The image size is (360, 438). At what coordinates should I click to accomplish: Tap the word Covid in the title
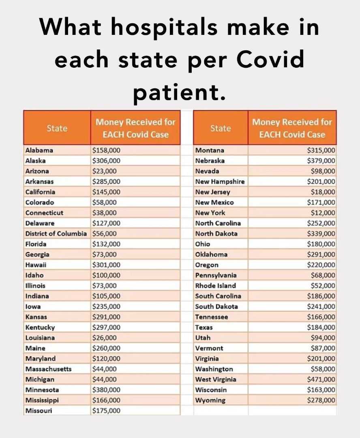pos(270,59)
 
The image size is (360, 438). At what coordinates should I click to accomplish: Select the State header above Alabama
pos(57,128)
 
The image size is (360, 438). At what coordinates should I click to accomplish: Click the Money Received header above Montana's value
pos(292,128)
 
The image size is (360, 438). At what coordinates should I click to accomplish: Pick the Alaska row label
pos(36,161)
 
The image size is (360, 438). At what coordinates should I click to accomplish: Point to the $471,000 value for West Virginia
pos(321,380)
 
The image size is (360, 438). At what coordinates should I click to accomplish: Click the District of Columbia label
pos(56,234)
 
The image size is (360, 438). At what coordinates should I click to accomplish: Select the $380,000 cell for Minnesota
pos(106,390)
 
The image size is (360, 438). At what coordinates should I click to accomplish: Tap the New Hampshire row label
pos(220,181)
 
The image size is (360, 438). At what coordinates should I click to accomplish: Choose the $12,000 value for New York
pos(323,213)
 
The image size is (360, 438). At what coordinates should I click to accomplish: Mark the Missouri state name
pos(39,411)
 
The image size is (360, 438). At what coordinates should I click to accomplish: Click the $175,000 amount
pos(106,411)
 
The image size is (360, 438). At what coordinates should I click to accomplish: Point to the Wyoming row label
pos(210,400)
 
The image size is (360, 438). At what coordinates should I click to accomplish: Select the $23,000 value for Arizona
pos(105,171)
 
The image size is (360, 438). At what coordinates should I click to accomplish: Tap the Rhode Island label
pos(215,286)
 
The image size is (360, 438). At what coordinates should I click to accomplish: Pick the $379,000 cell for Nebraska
pos(321,161)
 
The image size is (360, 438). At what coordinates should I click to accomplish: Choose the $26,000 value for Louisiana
pos(105,338)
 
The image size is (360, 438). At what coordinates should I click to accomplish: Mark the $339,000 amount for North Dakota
pos(321,234)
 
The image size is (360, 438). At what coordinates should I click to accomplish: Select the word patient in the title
pos(179,92)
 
